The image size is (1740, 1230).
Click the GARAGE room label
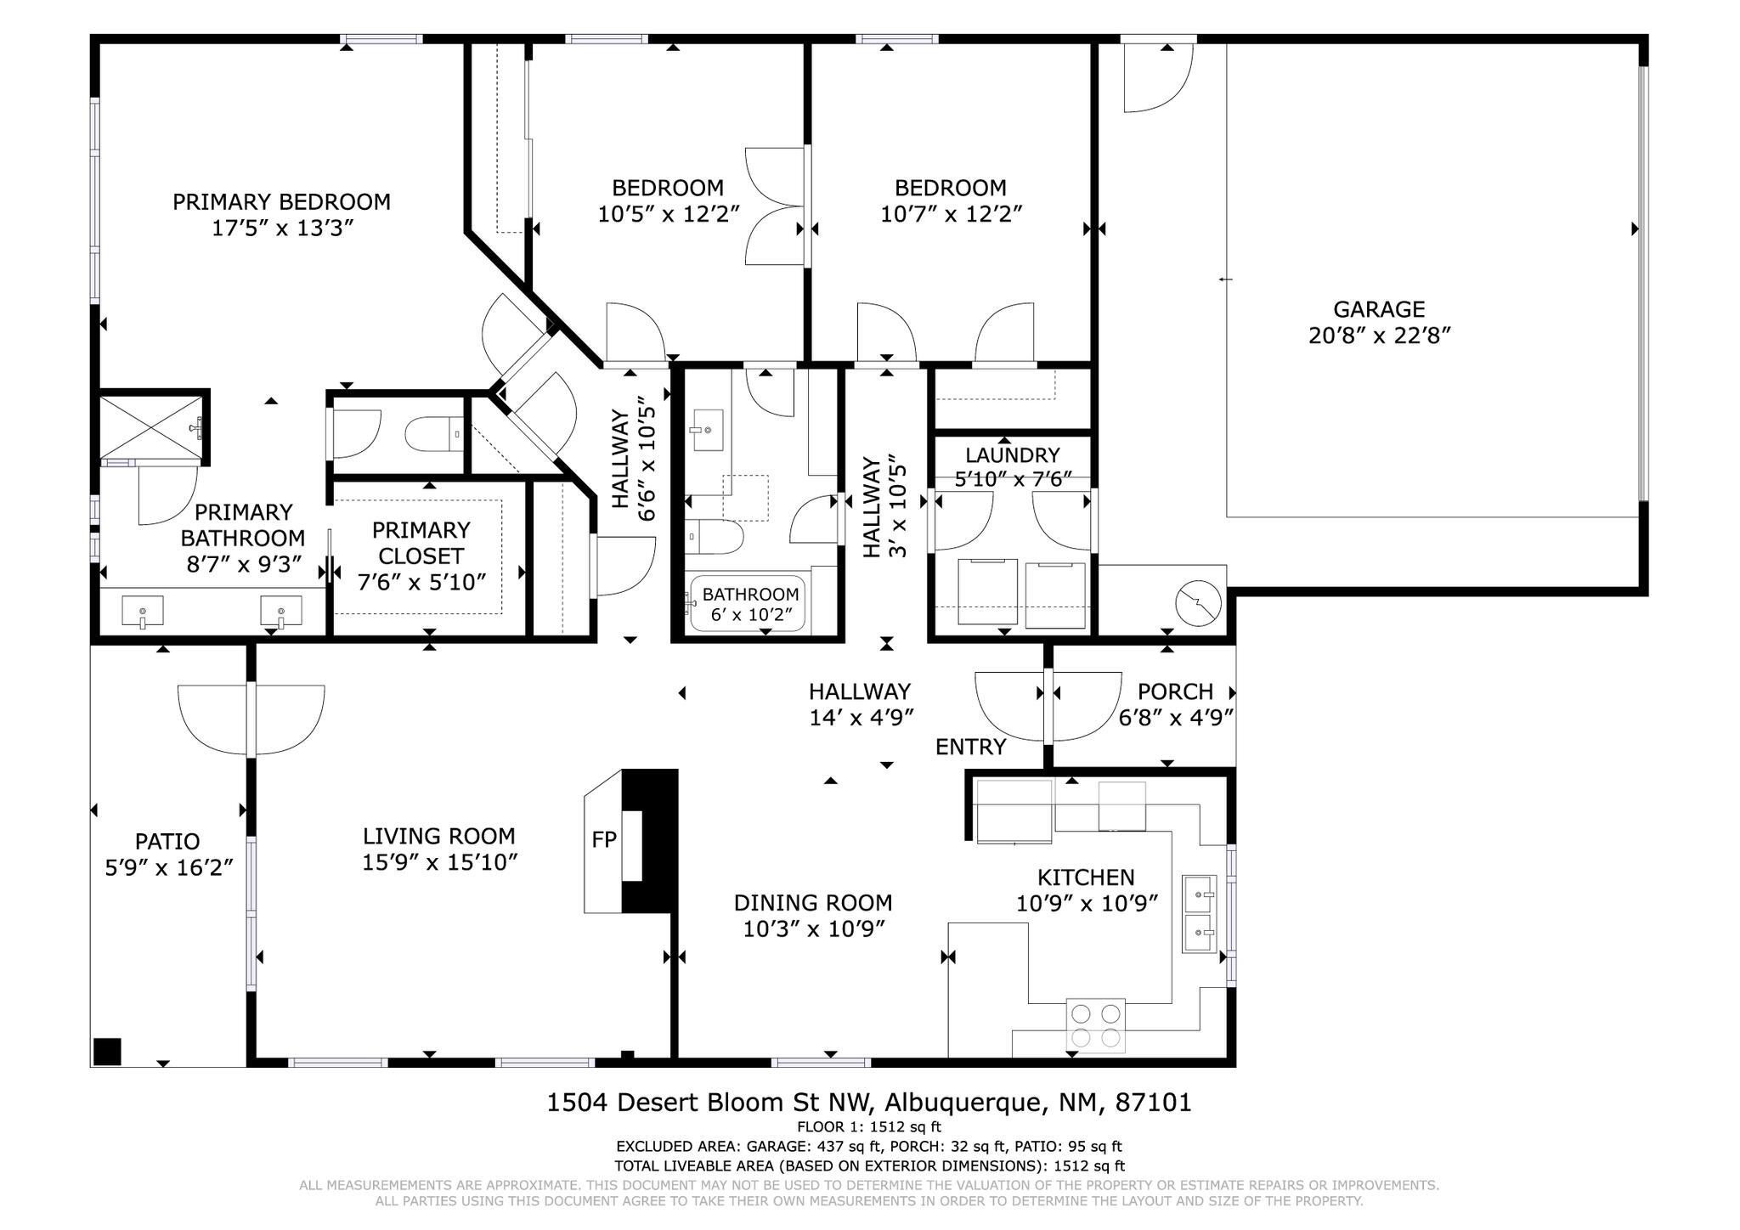point(1378,309)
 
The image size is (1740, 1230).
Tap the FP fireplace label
point(604,840)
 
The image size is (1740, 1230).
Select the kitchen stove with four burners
point(1096,1025)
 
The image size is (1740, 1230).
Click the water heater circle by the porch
point(1198,603)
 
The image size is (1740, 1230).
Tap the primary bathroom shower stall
point(151,428)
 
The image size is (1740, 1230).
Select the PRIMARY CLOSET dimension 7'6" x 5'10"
point(421,582)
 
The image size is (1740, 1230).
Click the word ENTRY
point(970,747)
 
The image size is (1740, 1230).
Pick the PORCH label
point(1176,691)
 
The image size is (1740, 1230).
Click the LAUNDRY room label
point(1012,455)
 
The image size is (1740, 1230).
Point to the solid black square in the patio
point(107,1051)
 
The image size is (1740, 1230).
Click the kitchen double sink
point(1199,914)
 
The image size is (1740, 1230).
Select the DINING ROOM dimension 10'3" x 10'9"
point(814,929)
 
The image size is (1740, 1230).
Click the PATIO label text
point(167,842)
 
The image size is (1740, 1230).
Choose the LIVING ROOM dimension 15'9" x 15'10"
point(440,862)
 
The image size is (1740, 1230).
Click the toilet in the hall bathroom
point(715,536)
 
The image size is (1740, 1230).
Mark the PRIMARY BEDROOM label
point(281,202)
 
